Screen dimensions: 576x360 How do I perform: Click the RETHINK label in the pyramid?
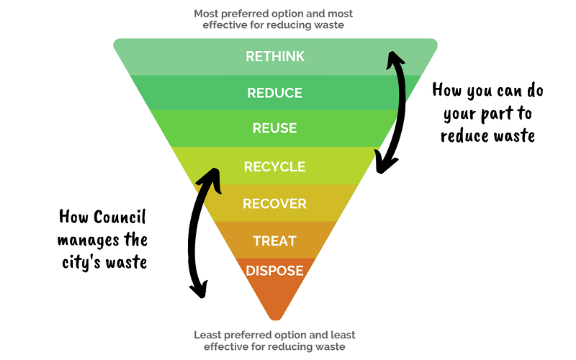pos(275,57)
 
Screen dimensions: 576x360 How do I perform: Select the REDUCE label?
pos(275,93)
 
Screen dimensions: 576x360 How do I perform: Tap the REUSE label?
pos(275,128)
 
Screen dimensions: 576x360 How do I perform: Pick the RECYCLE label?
pos(275,167)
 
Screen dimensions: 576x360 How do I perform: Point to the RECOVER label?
pos(275,204)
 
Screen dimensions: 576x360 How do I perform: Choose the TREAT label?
pos(275,241)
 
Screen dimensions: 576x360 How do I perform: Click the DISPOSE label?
pos(275,271)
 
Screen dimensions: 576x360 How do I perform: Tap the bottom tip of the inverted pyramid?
pos(275,320)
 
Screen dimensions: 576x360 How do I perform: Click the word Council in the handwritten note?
pos(120,217)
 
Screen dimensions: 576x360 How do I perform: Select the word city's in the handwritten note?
pos(78,263)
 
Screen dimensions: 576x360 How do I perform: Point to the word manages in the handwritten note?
pos(88,240)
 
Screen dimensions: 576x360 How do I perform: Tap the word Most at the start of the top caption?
pos(206,14)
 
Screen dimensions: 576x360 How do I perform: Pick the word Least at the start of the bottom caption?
pos(207,335)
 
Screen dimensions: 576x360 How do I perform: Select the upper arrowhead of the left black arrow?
pos(210,179)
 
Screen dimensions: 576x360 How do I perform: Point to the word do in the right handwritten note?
pos(535,91)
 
